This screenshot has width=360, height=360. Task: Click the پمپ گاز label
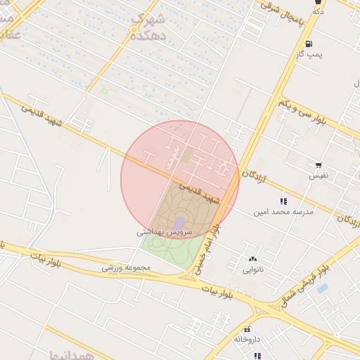pos(309,54)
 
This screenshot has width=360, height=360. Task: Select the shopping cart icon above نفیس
pos(319,164)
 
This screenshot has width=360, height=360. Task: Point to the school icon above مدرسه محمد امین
pos(283,201)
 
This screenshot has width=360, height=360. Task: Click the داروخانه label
pos(247,340)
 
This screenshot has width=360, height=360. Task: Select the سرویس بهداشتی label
pos(161,231)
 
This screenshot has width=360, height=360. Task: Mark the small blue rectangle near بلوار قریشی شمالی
pos(323,288)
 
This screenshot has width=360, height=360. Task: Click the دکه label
pos(318,11)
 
